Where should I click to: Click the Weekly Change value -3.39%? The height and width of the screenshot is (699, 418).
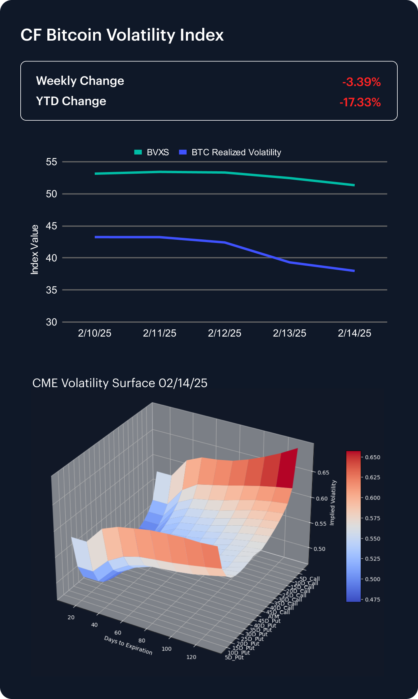(361, 82)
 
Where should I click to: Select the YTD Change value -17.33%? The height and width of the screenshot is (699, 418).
(360, 102)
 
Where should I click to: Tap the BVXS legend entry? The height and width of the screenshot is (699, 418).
(152, 152)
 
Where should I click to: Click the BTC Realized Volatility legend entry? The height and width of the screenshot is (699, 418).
(231, 152)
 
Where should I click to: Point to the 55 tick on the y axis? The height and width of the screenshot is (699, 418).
(51, 162)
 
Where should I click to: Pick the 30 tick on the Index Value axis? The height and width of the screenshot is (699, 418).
(51, 322)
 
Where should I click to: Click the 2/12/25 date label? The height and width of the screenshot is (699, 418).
(225, 333)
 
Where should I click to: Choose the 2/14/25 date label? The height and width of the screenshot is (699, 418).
(354, 333)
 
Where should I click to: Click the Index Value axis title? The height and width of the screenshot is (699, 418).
(35, 249)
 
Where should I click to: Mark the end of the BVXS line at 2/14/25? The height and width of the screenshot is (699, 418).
(354, 185)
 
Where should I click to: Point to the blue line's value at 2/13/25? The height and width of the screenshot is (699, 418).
(289, 262)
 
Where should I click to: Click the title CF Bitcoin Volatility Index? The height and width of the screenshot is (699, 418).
(122, 35)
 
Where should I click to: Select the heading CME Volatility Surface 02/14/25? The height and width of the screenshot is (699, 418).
(120, 383)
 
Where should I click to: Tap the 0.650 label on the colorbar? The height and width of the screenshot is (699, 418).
(373, 457)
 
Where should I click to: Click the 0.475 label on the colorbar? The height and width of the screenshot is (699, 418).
(373, 599)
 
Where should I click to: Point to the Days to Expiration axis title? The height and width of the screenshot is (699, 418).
(128, 645)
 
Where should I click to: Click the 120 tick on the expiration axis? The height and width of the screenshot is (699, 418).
(191, 657)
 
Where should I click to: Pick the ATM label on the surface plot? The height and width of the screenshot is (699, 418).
(273, 617)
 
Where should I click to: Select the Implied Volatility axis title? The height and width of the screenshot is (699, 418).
(334, 502)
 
